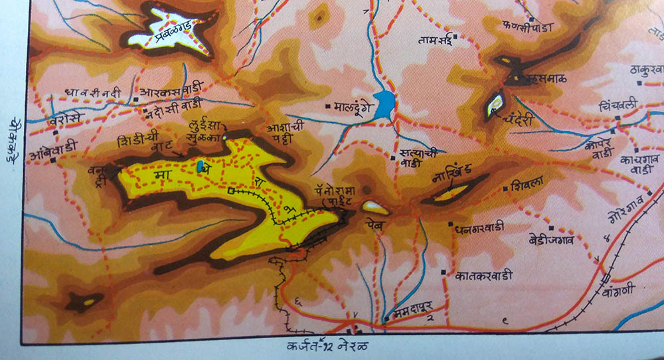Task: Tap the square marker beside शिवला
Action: tap(507, 189)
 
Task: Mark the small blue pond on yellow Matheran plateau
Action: tap(200, 165)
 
